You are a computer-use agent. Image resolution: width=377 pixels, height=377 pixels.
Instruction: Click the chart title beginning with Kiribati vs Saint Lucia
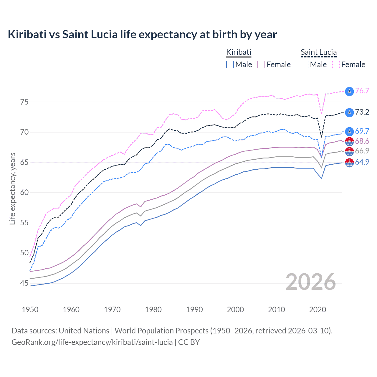click(x=142, y=34)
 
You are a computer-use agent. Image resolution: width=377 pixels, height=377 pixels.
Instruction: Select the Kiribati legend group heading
click(x=239, y=52)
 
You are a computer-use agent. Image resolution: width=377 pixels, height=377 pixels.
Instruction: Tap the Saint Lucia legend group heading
click(x=318, y=52)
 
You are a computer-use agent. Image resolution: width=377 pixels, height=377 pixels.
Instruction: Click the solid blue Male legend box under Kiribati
click(x=230, y=65)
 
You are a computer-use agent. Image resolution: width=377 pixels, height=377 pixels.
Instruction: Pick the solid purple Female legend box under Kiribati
click(x=261, y=65)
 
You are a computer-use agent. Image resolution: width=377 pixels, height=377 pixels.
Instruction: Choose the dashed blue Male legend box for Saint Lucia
click(x=305, y=65)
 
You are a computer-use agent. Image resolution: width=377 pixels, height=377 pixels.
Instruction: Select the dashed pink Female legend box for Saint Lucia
click(x=336, y=65)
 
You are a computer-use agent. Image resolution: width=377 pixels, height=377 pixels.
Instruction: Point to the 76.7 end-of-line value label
click(x=362, y=91)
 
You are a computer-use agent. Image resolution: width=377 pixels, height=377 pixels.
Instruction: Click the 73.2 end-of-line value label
click(x=362, y=112)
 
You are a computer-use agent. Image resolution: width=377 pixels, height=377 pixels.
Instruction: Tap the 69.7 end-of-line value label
click(x=362, y=131)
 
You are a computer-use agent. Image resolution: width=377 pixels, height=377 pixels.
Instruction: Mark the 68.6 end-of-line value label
click(x=362, y=141)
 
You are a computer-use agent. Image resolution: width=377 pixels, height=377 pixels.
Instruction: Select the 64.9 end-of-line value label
click(x=362, y=162)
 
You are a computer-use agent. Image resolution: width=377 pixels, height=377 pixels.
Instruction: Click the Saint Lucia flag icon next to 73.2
click(x=349, y=112)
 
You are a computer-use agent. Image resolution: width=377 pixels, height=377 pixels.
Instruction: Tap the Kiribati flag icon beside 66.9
click(x=349, y=151)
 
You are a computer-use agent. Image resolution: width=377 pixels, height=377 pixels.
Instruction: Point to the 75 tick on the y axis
click(x=24, y=102)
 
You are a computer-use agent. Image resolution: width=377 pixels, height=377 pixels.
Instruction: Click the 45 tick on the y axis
click(x=24, y=283)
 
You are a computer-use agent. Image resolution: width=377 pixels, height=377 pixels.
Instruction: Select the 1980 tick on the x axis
click(x=153, y=310)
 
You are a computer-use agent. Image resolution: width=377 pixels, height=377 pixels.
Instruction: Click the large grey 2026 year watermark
click(x=311, y=282)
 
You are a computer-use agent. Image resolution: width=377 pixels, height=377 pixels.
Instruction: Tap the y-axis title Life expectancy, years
click(x=12, y=188)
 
